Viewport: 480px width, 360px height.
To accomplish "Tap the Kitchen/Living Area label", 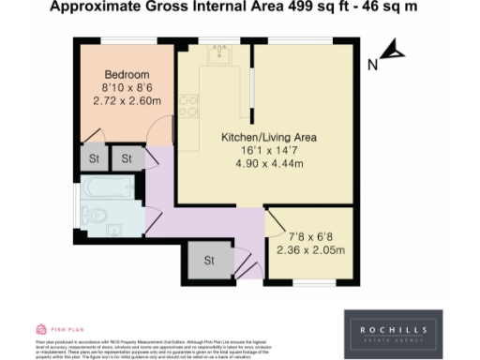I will [x=268, y=138].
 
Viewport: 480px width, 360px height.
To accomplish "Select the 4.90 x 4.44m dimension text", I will [x=268, y=163].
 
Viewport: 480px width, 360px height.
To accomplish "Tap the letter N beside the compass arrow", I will [x=371, y=65].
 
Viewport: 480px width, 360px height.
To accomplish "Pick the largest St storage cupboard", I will [x=209, y=259].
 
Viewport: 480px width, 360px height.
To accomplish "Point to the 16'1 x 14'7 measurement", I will [x=268, y=150].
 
